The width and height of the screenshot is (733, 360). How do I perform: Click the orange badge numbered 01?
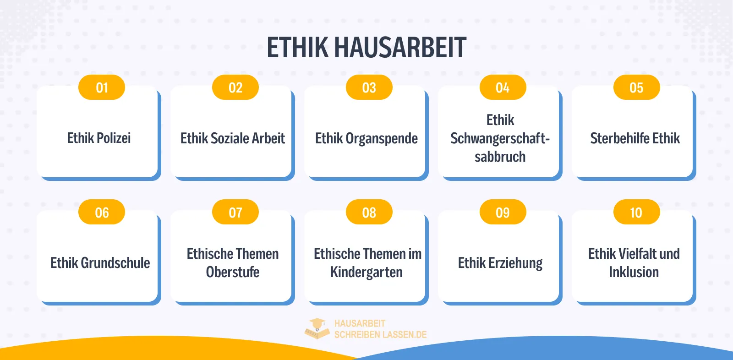click(102, 87)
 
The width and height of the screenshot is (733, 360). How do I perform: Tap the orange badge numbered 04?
click(503, 87)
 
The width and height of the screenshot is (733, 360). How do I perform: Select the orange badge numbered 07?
click(235, 213)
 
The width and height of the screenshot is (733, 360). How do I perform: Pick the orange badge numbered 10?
click(636, 213)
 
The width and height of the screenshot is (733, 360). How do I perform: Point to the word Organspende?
click(382, 138)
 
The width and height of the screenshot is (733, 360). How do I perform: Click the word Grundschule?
click(115, 263)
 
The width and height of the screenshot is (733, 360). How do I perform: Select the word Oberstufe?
click(233, 272)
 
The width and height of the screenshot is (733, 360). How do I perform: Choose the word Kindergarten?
click(366, 272)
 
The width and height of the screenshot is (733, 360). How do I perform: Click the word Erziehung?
click(515, 263)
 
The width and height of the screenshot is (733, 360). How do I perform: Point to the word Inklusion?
click(634, 272)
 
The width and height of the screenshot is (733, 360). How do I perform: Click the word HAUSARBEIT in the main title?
click(400, 48)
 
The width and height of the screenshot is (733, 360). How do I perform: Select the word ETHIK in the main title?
click(298, 48)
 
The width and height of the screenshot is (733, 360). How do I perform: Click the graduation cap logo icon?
click(317, 328)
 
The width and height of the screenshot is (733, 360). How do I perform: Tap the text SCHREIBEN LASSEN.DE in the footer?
click(380, 335)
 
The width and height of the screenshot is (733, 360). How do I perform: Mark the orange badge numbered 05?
click(636, 87)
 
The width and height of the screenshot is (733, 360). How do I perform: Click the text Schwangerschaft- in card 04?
click(500, 138)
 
